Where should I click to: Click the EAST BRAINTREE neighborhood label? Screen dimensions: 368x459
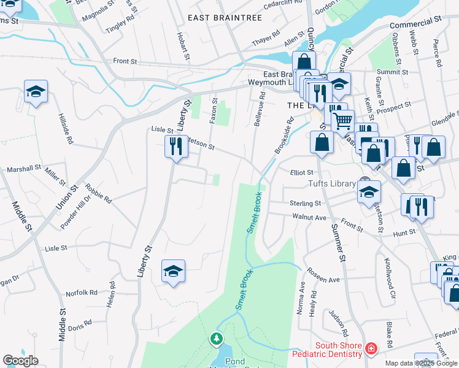pos(225,18)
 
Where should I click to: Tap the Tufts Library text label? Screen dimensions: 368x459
pos(332,184)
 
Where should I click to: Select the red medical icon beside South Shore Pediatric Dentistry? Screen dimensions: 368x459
pos(371,348)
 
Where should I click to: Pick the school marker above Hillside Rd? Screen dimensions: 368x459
pos(36,92)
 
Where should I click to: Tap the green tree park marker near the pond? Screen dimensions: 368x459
pos(215,339)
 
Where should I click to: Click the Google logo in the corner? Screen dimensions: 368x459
pos(20,361)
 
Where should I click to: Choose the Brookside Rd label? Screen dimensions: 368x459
pos(282,134)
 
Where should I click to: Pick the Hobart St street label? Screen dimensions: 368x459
pos(181,43)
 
